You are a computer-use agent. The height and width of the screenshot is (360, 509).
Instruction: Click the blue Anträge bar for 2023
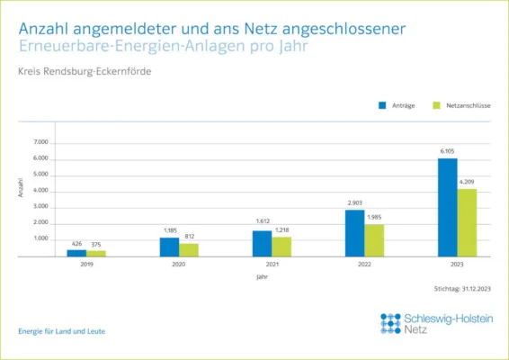click(x=447, y=207)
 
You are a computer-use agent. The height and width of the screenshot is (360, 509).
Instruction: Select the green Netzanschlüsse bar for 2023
click(x=467, y=222)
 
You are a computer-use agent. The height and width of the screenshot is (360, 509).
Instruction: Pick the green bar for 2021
click(x=281, y=247)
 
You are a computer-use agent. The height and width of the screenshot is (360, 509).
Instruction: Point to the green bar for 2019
click(x=96, y=253)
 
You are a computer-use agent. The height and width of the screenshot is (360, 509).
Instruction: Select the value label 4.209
click(x=467, y=183)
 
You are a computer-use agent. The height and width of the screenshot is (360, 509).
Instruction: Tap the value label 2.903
click(x=354, y=203)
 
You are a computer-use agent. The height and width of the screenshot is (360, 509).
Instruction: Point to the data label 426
click(x=76, y=243)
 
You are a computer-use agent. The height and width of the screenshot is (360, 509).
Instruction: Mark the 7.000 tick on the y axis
click(x=40, y=142)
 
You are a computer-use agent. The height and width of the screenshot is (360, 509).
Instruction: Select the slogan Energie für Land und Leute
click(x=61, y=331)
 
